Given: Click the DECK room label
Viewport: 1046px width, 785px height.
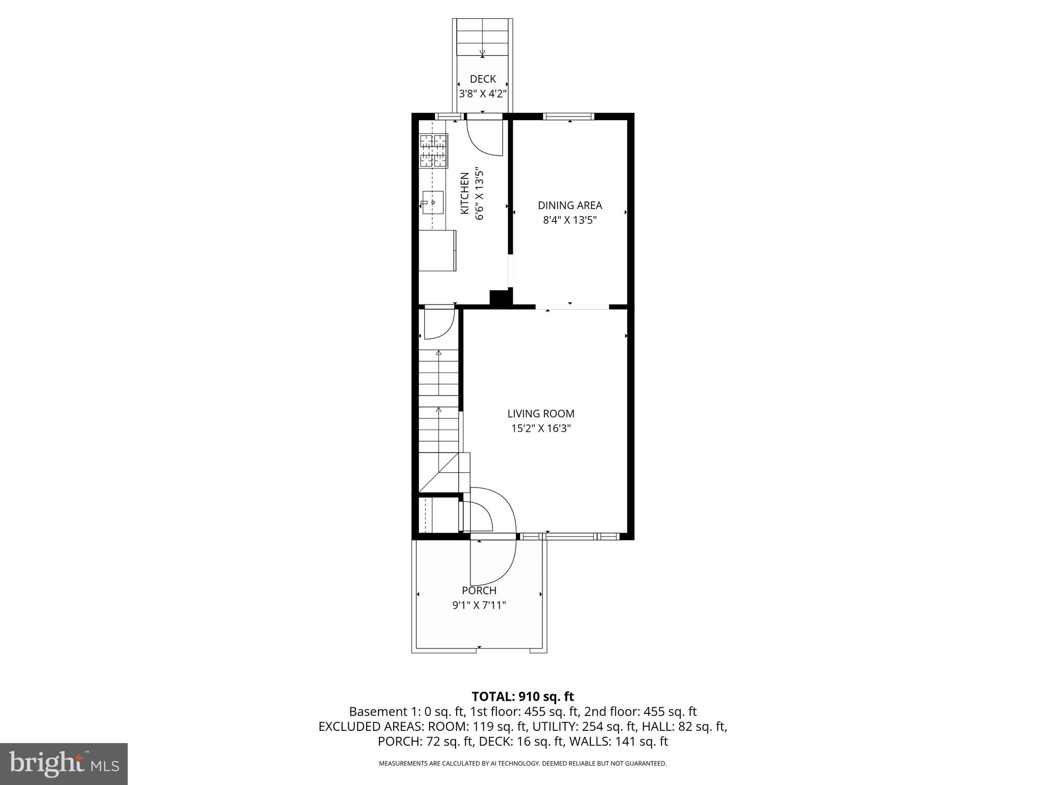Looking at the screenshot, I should tap(483, 79).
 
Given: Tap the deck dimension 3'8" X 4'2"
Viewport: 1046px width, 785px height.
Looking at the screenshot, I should tap(483, 94).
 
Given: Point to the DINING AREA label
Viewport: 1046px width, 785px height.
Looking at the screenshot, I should tap(569, 205).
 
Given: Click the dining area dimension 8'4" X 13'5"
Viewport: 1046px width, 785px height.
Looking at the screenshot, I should tap(569, 220).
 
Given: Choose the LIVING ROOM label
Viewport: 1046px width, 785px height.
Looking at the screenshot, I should tap(540, 414).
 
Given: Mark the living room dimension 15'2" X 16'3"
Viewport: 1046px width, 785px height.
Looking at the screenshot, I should tap(540, 429).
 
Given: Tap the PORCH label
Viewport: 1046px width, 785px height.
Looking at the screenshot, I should tap(479, 591).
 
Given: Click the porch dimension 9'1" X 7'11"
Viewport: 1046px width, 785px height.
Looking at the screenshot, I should tap(479, 606).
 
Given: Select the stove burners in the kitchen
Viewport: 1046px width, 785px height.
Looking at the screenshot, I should tap(434, 151).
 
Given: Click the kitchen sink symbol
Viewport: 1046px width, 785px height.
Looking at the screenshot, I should tap(432, 203).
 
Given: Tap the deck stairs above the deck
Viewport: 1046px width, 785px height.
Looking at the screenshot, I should tap(483, 38).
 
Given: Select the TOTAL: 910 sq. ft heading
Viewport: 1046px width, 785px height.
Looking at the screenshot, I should tap(522, 697).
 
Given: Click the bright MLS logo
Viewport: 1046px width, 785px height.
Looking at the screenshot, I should tap(64, 764).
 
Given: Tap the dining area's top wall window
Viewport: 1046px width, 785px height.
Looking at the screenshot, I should tap(569, 117).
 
